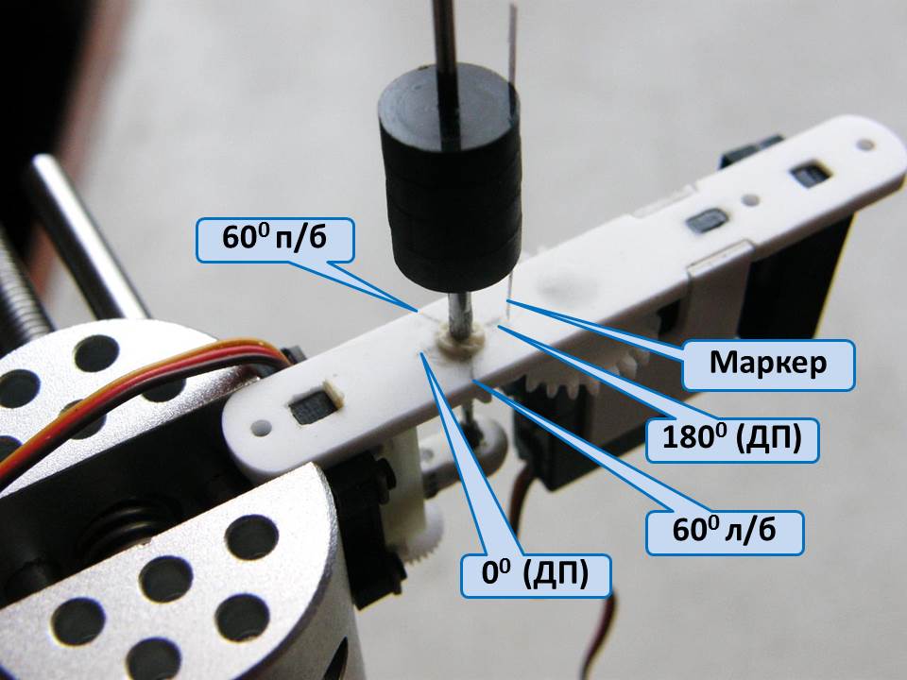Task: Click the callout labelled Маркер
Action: click(x=768, y=365)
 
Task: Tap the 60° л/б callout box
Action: click(x=725, y=532)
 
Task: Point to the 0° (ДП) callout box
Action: click(x=536, y=574)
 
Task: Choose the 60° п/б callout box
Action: click(x=274, y=240)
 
